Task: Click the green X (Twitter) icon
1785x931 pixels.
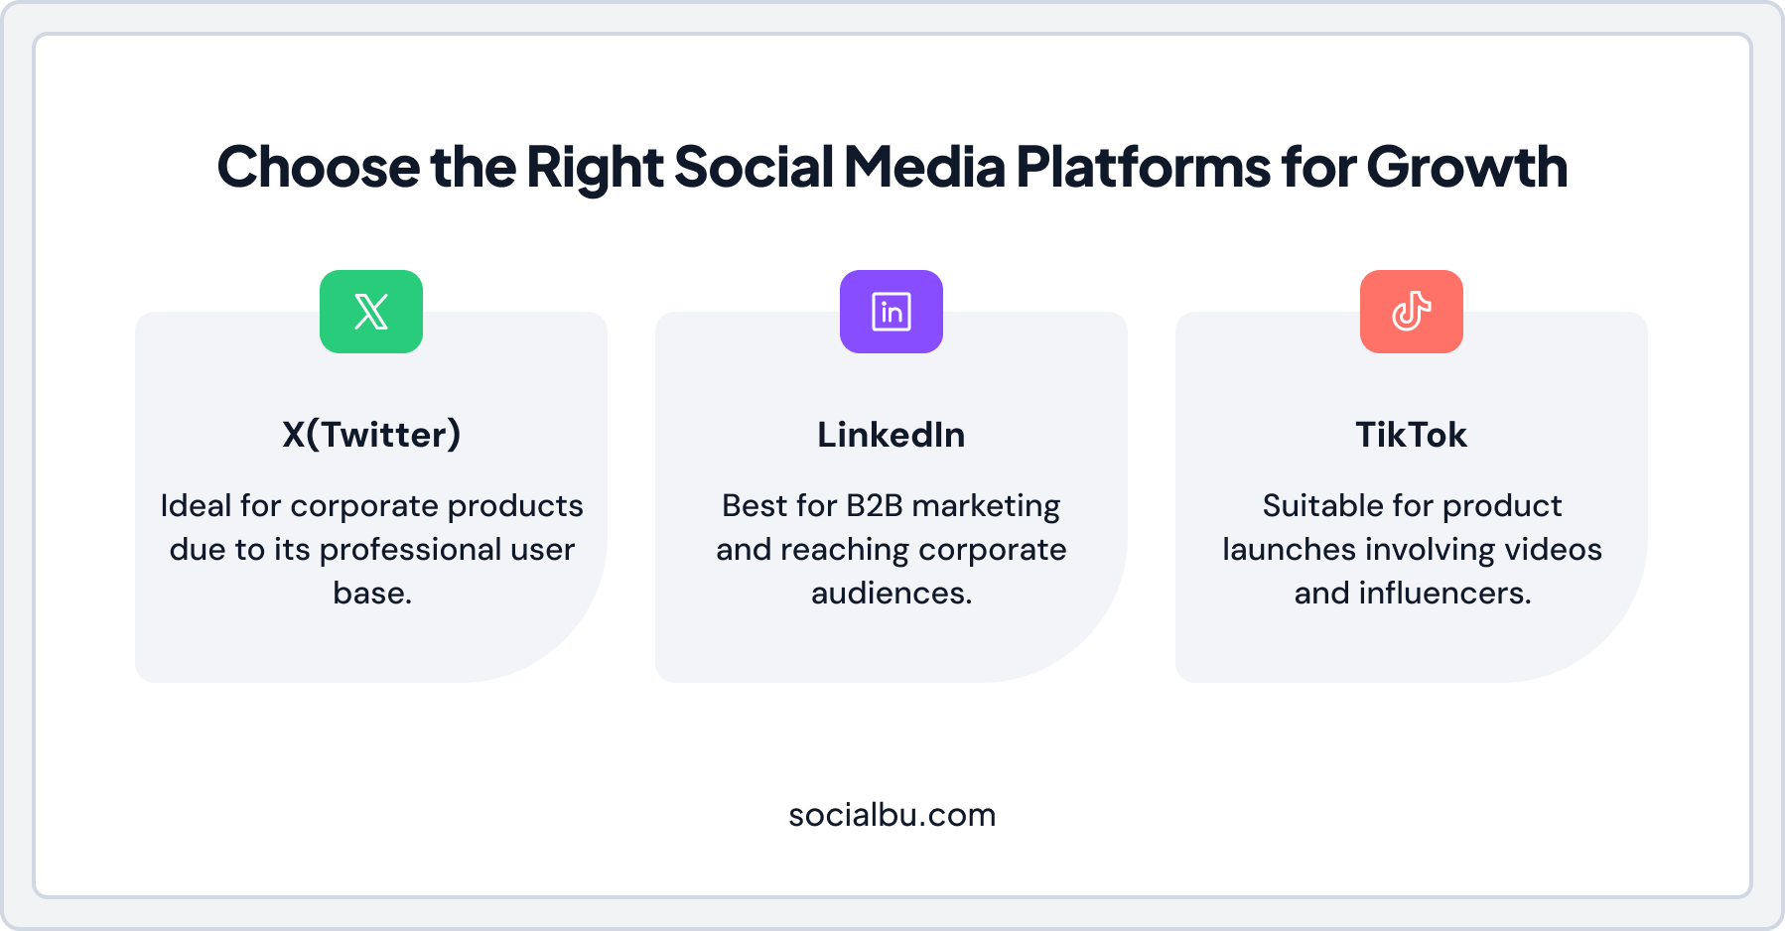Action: [x=371, y=312]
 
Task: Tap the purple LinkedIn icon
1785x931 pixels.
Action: [x=892, y=312]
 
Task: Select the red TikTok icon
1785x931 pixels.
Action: [x=1411, y=312]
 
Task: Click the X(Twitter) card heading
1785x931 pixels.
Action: [x=371, y=435]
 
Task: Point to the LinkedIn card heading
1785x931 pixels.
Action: [x=891, y=435]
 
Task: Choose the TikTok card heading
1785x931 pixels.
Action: [x=1411, y=435]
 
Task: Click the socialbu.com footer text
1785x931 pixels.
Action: [x=892, y=815]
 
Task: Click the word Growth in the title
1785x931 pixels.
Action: [x=1467, y=167]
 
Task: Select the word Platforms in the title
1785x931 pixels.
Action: [x=1143, y=167]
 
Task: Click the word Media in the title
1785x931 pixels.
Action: [x=924, y=167]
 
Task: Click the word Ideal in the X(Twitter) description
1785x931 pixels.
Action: [x=196, y=506]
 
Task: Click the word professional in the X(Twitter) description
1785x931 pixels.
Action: [x=410, y=550]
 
